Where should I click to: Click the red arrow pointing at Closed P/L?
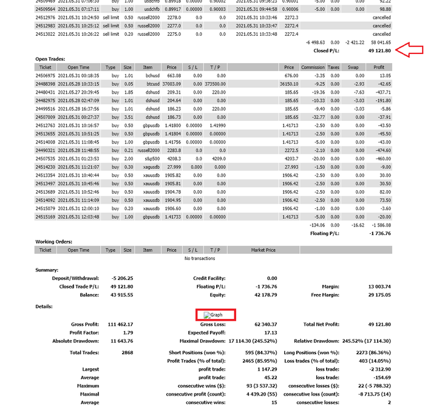click(409, 50)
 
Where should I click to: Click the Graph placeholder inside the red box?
click(215, 315)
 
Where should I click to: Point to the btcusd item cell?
click(148, 83)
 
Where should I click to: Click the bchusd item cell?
click(148, 75)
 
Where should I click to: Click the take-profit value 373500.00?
click(215, 83)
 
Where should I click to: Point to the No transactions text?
click(200, 258)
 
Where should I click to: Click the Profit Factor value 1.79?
click(127, 332)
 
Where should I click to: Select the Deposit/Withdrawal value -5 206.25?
click(121, 278)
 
